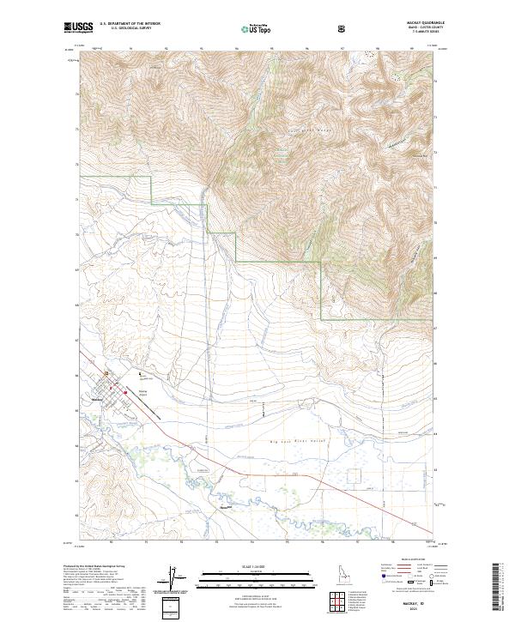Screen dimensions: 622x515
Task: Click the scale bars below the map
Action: point(249,580)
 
